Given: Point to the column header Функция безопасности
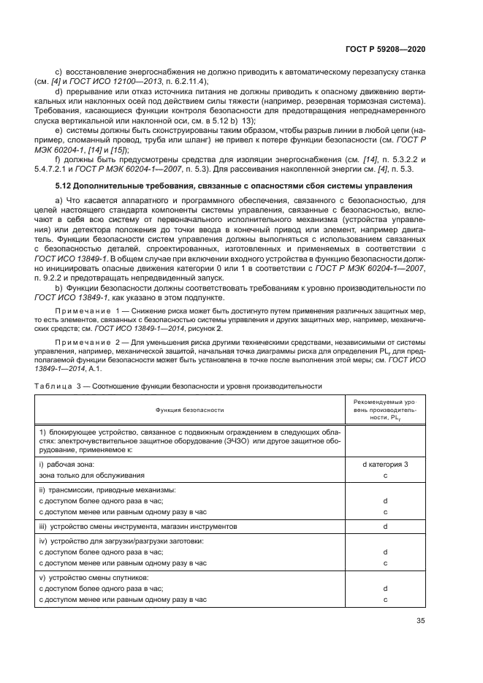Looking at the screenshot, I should click(x=189, y=411).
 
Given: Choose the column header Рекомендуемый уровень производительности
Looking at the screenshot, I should click(x=384, y=411).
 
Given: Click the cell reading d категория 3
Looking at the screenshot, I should click(x=384, y=464).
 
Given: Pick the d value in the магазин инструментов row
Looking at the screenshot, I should click(x=384, y=526).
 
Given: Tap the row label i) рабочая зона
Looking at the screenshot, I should click(x=66, y=464).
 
